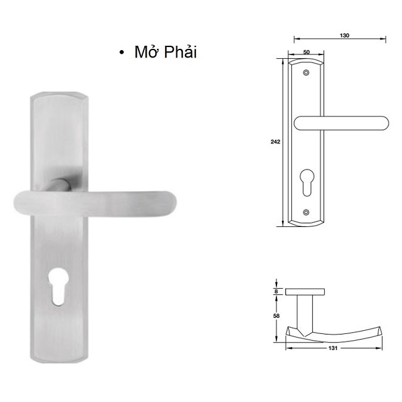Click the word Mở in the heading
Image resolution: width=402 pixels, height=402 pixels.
pyautogui.click(x=146, y=53)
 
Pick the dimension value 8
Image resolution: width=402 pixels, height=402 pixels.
pyautogui.click(x=275, y=290)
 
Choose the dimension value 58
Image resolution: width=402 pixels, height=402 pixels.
pyautogui.click(x=275, y=315)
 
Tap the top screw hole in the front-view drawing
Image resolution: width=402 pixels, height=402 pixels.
pyautogui.click(x=307, y=74)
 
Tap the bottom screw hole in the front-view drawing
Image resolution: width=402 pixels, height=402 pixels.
pyautogui.click(x=307, y=212)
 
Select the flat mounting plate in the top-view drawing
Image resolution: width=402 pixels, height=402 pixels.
pyautogui.click(x=307, y=290)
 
